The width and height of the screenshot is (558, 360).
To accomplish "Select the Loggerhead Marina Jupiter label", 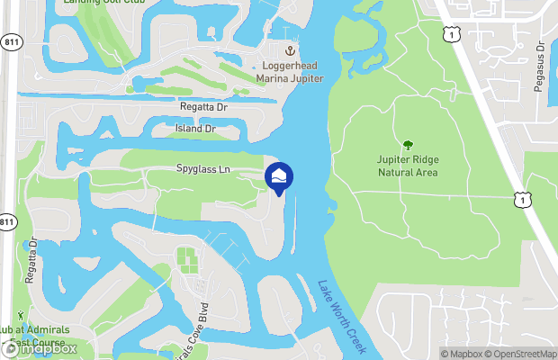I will (291, 71).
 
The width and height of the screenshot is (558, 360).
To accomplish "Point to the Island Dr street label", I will (195, 129).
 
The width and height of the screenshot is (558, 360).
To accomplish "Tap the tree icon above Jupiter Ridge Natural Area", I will (408, 145).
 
